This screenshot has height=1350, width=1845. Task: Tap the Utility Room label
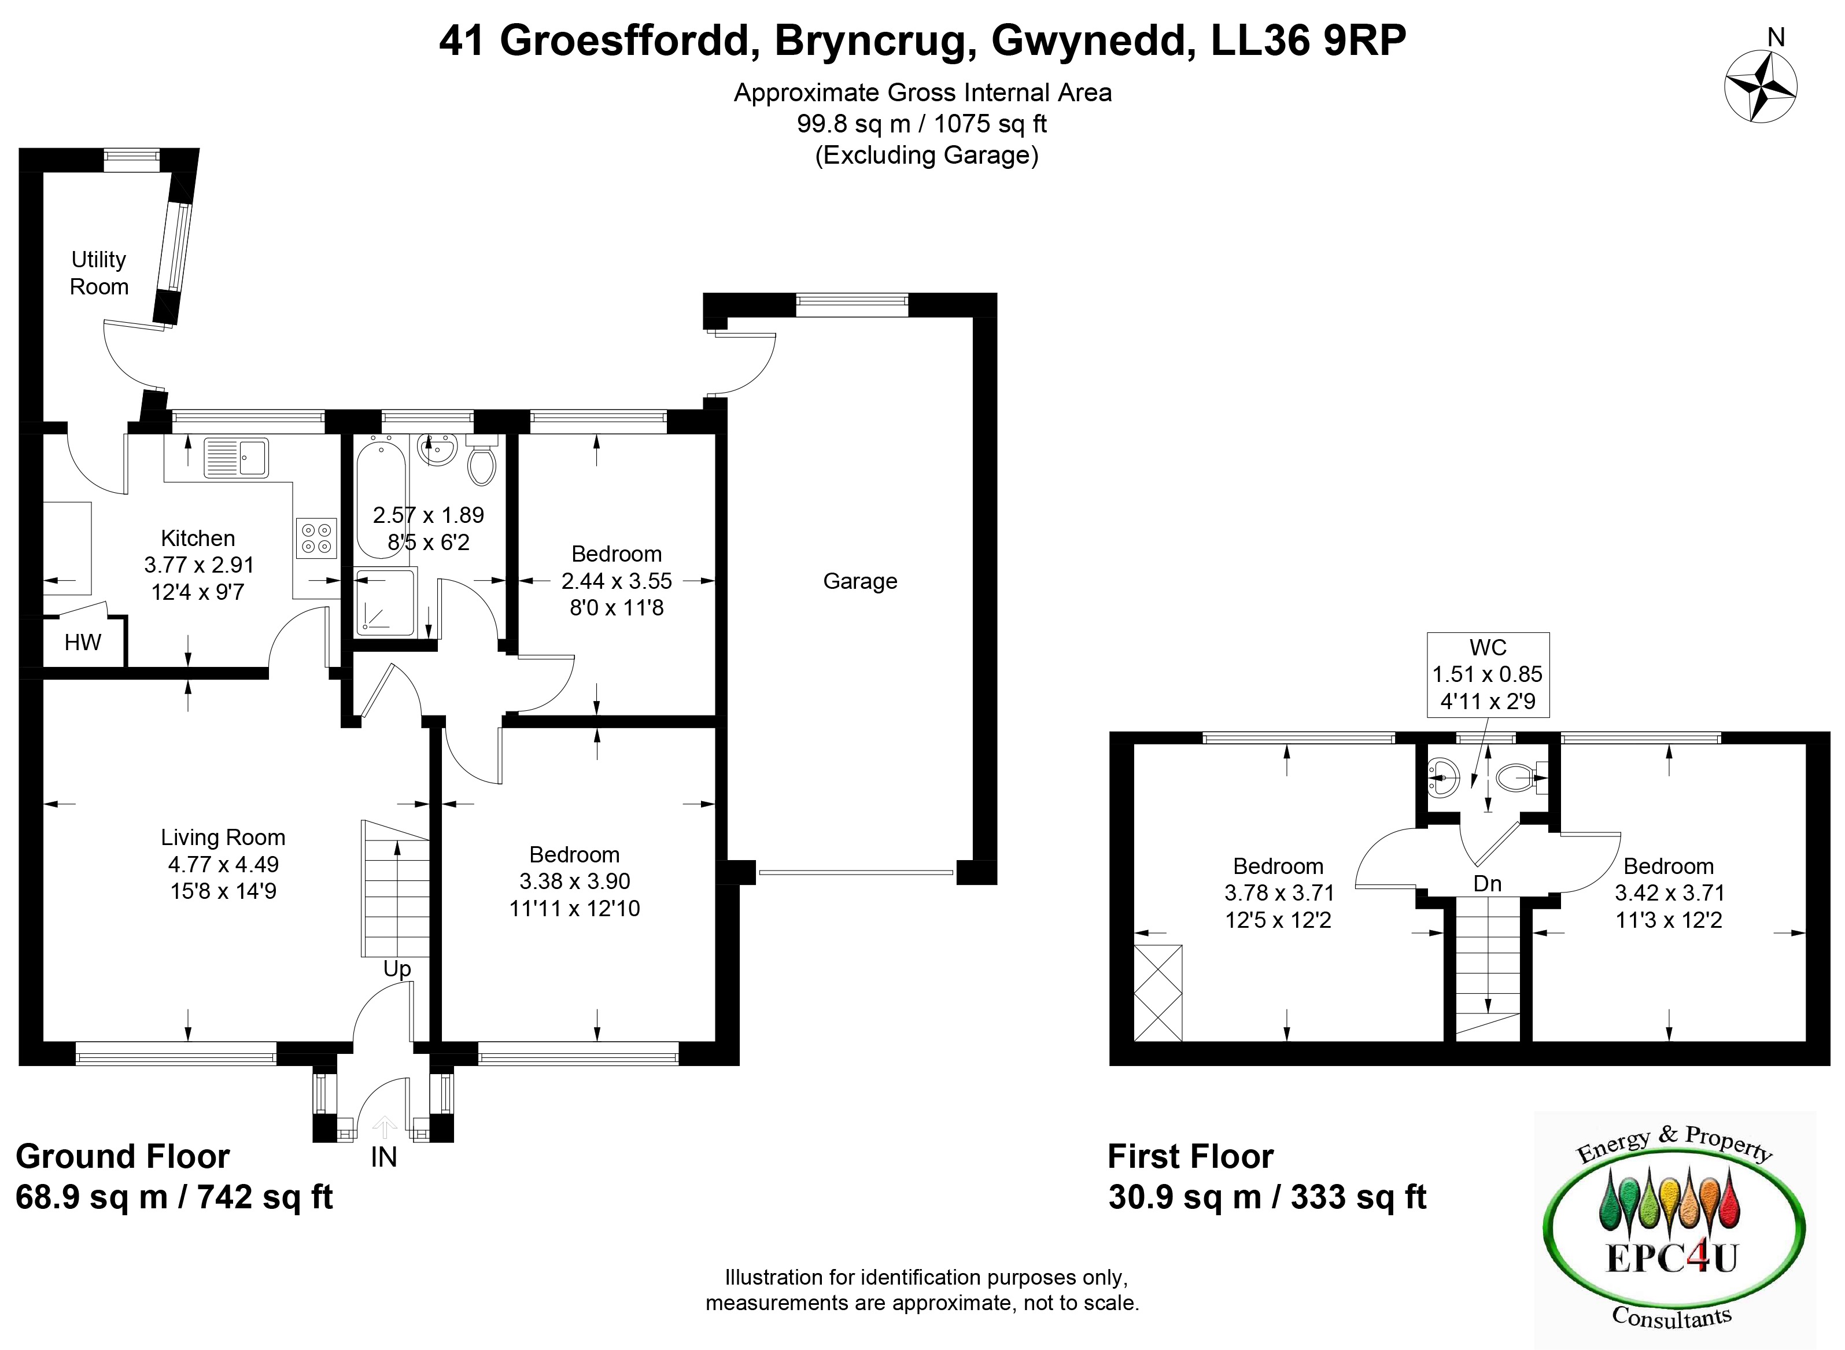(99, 273)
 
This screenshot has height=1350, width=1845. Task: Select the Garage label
(859, 581)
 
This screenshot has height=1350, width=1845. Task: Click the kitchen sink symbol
(236, 458)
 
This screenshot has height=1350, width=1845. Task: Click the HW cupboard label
(83, 642)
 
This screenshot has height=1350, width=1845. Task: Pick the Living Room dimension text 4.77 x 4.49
(223, 864)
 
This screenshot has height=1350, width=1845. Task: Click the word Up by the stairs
(397, 969)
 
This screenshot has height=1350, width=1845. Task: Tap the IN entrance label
(383, 1157)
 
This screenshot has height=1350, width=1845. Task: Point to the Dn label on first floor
(1487, 883)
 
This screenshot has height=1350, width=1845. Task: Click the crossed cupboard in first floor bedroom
(1158, 993)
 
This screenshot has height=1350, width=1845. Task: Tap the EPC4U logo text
(1671, 1256)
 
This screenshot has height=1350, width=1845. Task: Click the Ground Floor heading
(123, 1156)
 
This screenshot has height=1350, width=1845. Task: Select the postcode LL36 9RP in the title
(1308, 41)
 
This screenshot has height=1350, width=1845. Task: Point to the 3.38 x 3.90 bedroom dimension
(574, 881)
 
